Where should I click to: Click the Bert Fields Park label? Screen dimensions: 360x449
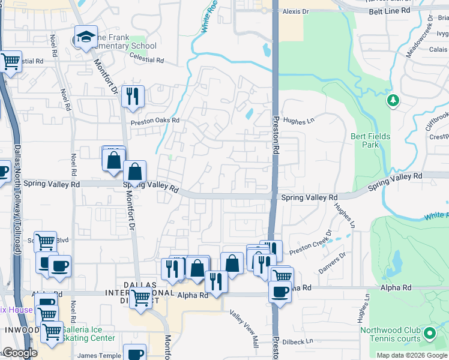(x=370, y=140)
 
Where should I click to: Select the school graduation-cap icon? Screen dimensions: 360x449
(x=86, y=37)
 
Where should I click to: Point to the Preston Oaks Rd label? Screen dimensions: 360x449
(x=155, y=121)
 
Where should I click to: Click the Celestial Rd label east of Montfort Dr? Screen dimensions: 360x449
(x=147, y=60)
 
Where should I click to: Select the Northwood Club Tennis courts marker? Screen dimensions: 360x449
(x=429, y=333)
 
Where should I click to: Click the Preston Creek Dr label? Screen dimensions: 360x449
(x=310, y=239)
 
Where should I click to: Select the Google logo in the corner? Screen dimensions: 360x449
(x=20, y=353)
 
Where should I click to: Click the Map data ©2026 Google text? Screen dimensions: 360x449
(x=412, y=355)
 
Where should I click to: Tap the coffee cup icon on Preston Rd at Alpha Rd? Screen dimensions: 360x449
(x=280, y=292)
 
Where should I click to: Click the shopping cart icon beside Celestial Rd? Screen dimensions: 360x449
(x=10, y=61)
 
